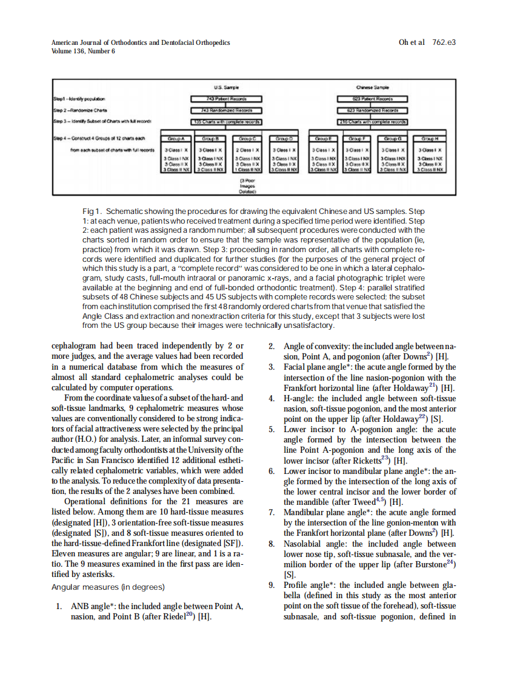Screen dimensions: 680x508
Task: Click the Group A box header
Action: pyautogui.click(x=176, y=138)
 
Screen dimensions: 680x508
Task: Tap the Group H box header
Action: pyautogui.click(x=431, y=138)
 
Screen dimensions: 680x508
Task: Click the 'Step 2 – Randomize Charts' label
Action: pyautogui.click(x=79, y=110)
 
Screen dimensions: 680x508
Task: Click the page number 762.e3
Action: pyautogui.click(x=444, y=42)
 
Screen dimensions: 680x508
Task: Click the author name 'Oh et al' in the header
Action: pyautogui.click(x=412, y=42)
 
